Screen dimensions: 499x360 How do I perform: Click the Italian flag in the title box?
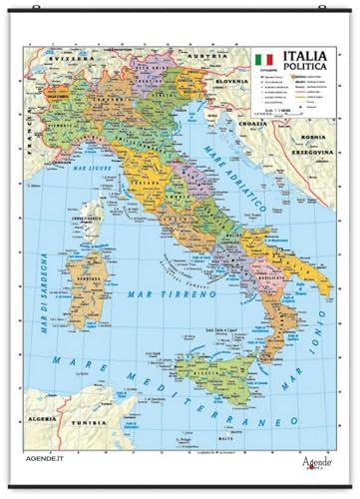(x=262, y=61)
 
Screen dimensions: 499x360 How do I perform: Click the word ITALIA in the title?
(x=306, y=57)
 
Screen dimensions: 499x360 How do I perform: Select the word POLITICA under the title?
(x=306, y=73)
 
